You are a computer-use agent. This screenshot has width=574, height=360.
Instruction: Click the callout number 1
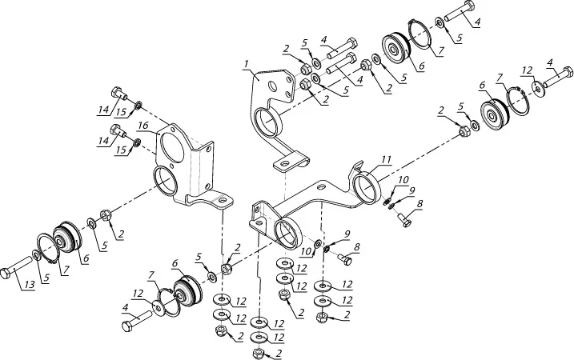click(x=248, y=62)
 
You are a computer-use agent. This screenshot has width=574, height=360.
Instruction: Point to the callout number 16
click(x=141, y=126)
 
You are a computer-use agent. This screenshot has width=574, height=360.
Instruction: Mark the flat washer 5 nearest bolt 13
click(x=37, y=255)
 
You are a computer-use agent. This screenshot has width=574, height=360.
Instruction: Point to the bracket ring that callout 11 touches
click(x=367, y=189)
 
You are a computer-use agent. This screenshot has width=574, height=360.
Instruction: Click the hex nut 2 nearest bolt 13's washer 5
click(x=105, y=215)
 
